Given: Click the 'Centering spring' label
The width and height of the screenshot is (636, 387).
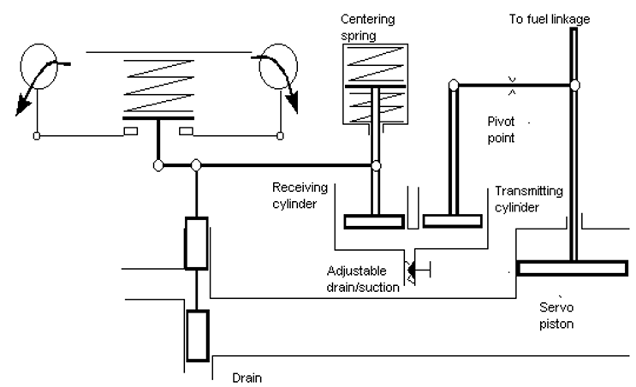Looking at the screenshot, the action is (367, 27).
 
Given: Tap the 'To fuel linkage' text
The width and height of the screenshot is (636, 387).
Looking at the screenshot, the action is (550, 19).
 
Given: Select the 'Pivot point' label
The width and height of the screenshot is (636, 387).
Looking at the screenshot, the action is (501, 130).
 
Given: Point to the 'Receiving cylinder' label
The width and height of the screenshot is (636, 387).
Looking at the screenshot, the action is (300, 195).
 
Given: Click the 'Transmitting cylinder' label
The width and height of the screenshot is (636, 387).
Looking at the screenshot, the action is (529, 199).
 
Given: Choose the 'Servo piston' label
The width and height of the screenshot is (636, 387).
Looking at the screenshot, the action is (556, 315).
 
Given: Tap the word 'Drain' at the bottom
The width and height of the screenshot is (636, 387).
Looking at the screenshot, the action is (247, 378).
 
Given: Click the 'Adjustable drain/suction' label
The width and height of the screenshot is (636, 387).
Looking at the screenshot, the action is (363, 279).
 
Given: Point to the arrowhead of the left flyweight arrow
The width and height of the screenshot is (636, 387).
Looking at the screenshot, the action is (22, 107).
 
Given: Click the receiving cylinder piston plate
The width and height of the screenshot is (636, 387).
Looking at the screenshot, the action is (374, 222).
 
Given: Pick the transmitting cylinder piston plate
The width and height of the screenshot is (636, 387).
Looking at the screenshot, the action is (453, 221).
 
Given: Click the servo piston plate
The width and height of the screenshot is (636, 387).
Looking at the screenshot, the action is (573, 269).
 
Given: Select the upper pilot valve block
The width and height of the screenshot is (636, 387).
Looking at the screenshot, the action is (197, 243).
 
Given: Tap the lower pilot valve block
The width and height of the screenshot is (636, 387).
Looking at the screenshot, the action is (198, 336).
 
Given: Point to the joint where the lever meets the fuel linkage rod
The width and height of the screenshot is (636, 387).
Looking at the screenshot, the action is (574, 85).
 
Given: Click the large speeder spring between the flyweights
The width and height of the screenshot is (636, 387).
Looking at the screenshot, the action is (158, 86).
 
